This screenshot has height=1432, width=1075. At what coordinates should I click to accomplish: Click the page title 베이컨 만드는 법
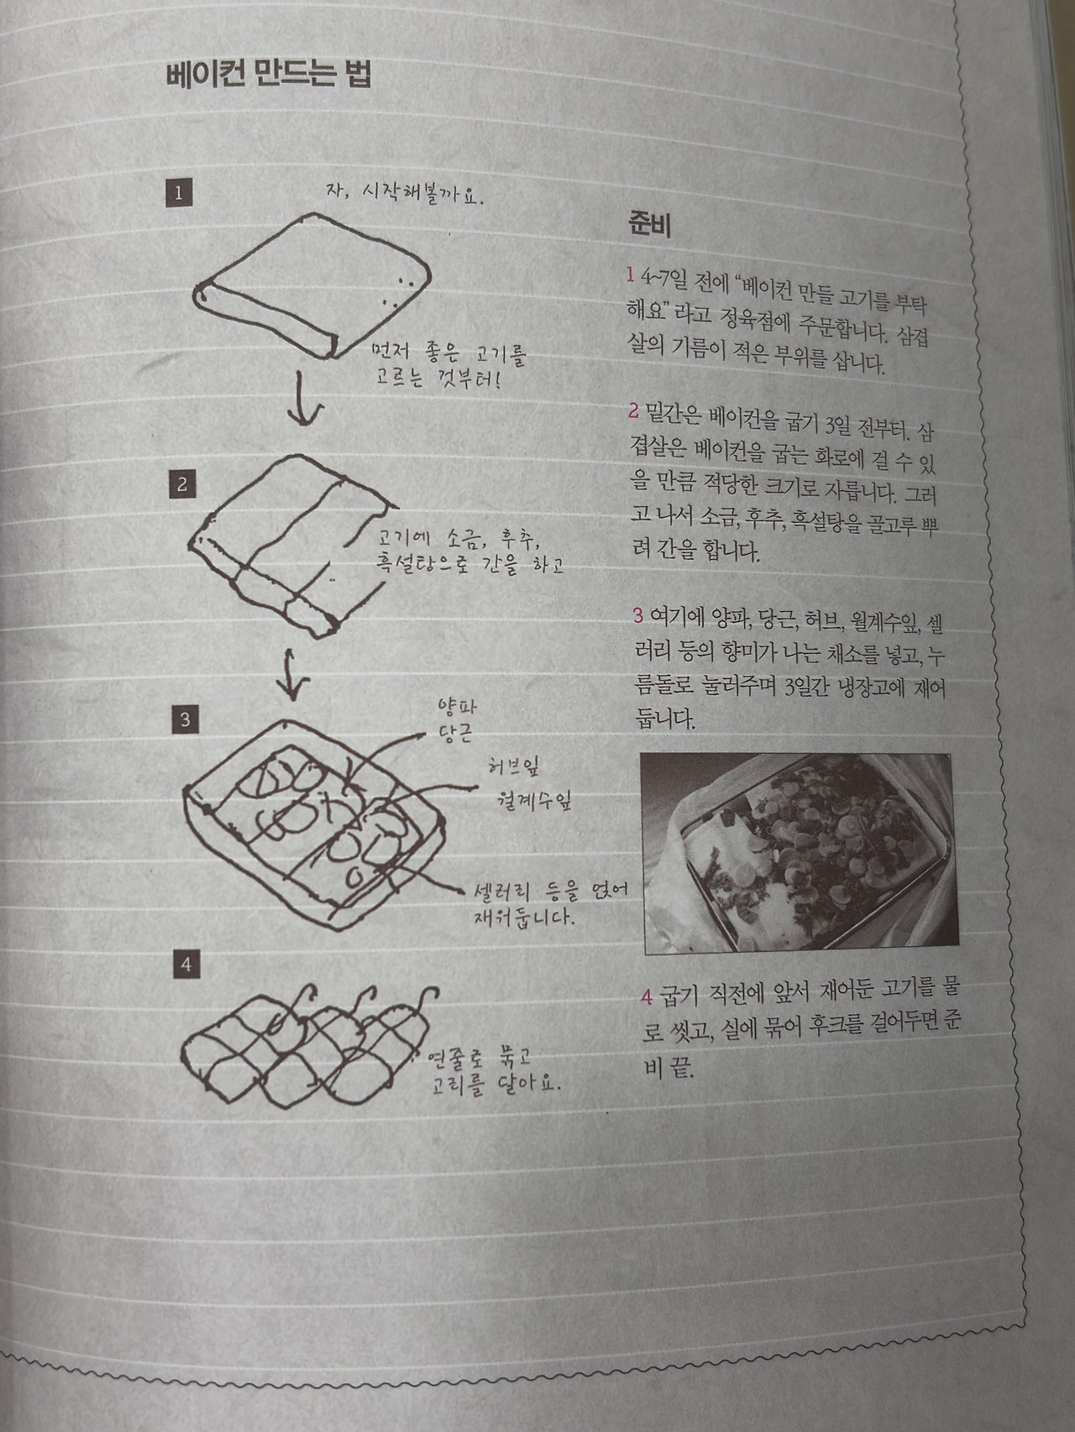[x=269, y=75]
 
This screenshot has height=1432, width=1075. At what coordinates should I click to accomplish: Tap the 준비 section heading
[x=649, y=224]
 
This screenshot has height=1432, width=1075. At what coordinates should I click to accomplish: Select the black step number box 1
[x=178, y=192]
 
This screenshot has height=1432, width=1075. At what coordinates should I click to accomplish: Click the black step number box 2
[x=182, y=484]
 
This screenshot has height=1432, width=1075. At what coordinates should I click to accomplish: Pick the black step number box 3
[x=185, y=719]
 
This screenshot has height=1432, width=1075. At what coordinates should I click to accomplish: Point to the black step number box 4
[x=186, y=964]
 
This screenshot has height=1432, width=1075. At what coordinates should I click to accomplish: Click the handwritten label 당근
[x=455, y=734]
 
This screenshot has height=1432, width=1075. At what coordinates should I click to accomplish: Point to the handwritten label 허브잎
[x=513, y=766]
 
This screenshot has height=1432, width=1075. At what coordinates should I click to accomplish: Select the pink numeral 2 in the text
[x=633, y=411]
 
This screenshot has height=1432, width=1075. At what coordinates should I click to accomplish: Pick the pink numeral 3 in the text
[x=638, y=615]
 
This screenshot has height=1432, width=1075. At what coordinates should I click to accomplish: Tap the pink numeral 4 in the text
[x=646, y=996]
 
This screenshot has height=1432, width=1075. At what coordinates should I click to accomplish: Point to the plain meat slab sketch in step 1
[x=312, y=285]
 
